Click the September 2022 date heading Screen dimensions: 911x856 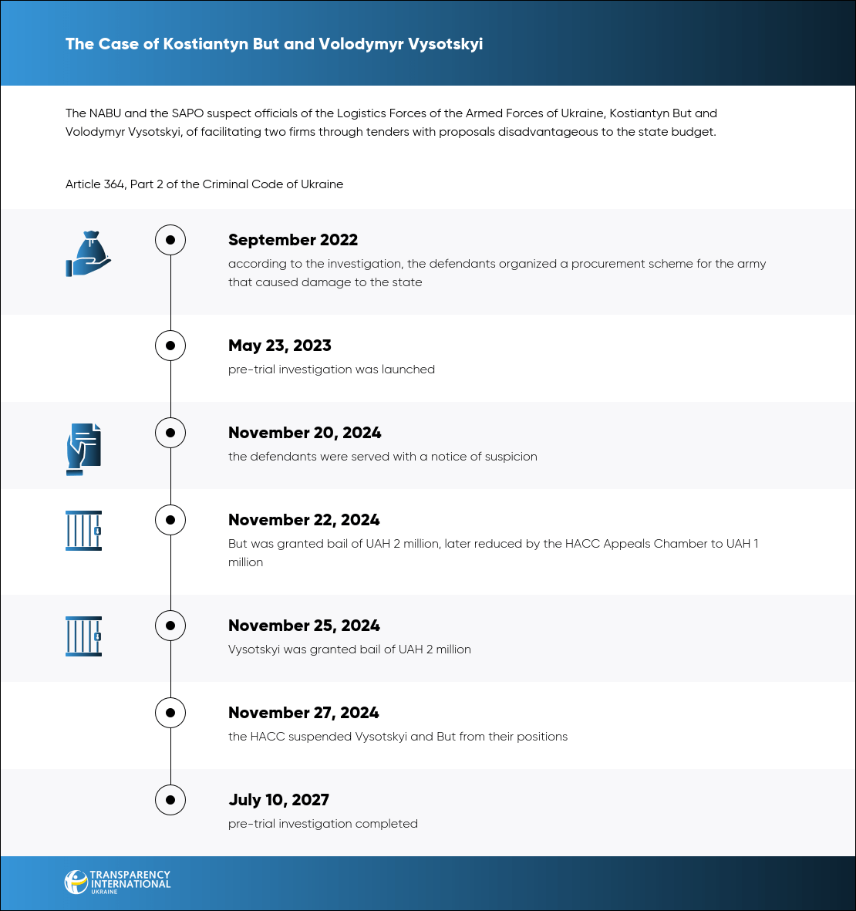coord(293,240)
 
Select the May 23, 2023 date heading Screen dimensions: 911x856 coord(280,346)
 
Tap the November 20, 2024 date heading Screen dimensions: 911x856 coord(305,433)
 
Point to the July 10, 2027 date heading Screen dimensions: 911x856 coord(278,800)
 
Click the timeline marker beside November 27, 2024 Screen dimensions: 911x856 coord(170,713)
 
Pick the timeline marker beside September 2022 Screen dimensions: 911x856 coord(170,240)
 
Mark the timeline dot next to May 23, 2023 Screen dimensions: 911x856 coord(170,346)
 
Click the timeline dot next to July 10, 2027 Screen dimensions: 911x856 coord(170,800)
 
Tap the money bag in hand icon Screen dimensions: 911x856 coord(88,254)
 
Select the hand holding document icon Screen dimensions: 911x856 coord(83,448)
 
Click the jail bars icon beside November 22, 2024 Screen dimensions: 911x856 coord(83,530)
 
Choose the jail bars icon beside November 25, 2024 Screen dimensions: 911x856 coord(83,636)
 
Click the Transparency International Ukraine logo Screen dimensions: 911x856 coord(117,882)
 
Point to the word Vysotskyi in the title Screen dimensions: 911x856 coord(445,44)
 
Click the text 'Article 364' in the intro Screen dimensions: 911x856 coord(95,184)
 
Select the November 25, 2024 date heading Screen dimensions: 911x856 coord(304,626)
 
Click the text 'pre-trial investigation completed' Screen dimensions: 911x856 coord(323,824)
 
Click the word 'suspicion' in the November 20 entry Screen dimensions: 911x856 coord(509,457)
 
